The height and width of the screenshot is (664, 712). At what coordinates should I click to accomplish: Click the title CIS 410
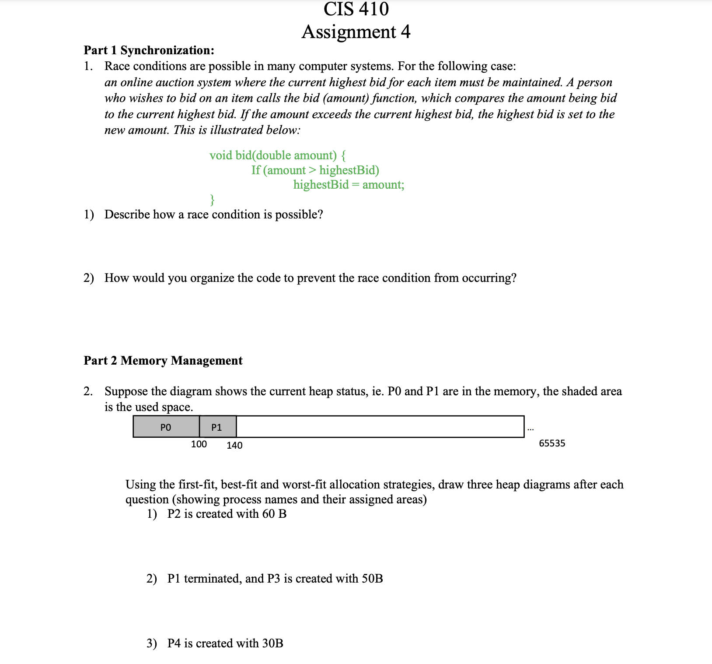[x=356, y=9]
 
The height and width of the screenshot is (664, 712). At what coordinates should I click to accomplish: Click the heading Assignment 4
[x=356, y=32]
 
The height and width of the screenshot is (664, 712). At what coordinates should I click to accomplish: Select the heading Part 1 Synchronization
[x=149, y=50]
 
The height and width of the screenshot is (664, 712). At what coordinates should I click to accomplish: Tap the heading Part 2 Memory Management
[x=163, y=361]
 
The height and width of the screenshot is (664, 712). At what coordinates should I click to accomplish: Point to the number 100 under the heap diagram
[x=199, y=444]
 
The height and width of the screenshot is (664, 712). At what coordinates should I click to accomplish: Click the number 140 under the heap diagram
[x=234, y=446]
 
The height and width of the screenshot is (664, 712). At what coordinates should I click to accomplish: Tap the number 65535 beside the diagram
[x=552, y=443]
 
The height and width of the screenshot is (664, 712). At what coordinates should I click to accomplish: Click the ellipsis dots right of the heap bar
[x=531, y=429]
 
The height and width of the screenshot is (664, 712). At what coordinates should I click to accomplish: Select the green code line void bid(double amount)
[x=277, y=155]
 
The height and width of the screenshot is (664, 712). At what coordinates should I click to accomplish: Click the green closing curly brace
[x=212, y=200]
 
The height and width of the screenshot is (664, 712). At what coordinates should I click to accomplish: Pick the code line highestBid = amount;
[x=349, y=185]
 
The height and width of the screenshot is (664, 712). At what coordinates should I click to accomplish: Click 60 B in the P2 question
[x=274, y=514]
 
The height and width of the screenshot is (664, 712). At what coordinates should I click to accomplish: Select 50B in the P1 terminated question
[x=372, y=579]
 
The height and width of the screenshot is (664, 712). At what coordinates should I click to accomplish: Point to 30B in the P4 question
[x=272, y=643]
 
